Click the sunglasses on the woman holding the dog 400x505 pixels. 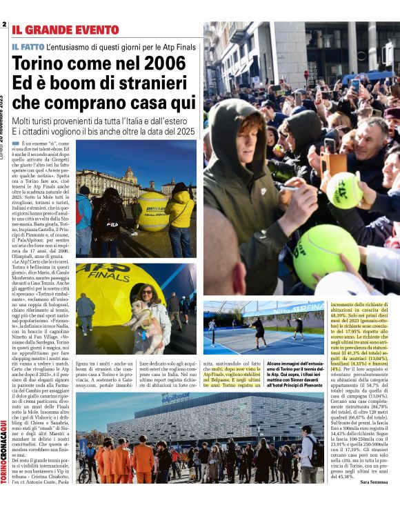point(147,291)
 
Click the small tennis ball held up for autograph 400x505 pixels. point(346,190)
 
